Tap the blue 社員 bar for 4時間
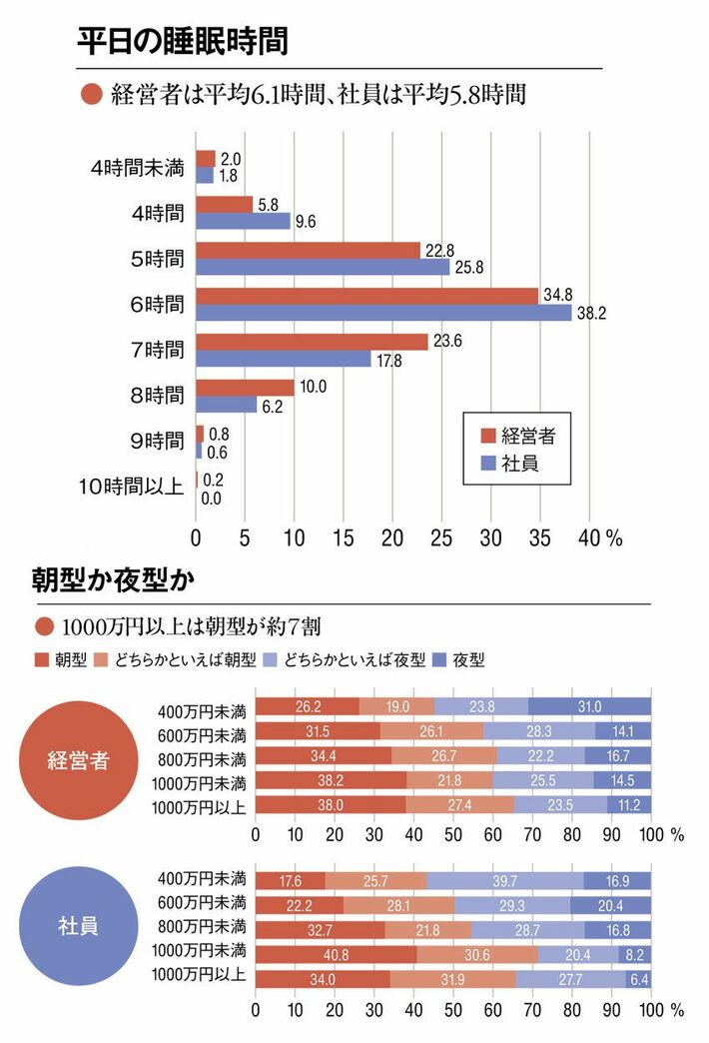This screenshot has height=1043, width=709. (x=243, y=221)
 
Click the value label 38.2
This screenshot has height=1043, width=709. (x=594, y=314)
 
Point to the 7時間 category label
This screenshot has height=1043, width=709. (x=157, y=351)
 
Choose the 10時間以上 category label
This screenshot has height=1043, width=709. (x=131, y=488)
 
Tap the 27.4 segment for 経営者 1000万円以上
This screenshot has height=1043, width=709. (x=459, y=803)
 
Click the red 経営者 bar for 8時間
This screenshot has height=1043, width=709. (x=245, y=388)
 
